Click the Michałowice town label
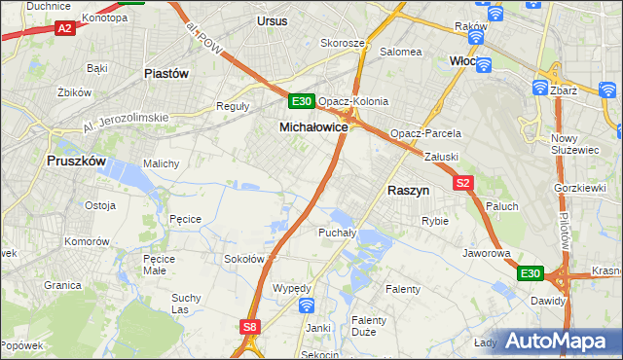[313, 127]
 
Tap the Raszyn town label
[410, 192]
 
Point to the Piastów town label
[165, 73]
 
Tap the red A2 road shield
[65, 29]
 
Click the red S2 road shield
[462, 182]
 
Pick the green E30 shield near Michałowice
[301, 101]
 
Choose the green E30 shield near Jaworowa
[530, 274]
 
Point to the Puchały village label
[338, 233]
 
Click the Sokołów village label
[245, 259]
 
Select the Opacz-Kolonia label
[353, 101]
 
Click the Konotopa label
[105, 18]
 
